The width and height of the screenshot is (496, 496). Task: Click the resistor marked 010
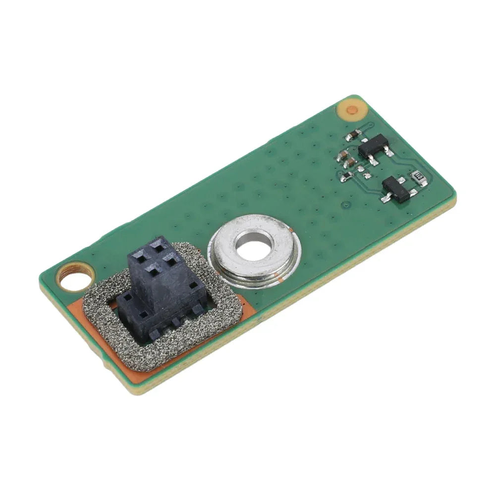(419, 176)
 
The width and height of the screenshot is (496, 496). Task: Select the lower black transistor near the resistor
(396, 189)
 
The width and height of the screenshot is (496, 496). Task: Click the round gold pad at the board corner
(352, 110)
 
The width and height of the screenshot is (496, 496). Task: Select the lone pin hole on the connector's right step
(192, 286)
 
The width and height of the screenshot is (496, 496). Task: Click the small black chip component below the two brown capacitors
(347, 176)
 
